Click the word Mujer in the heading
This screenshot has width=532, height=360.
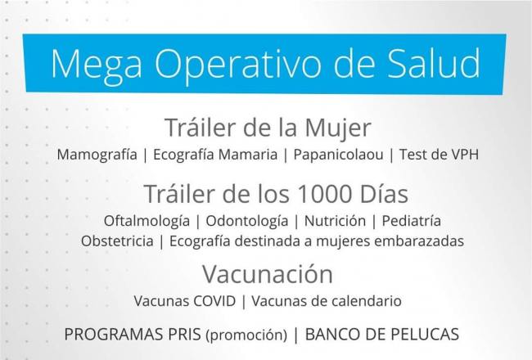[337, 129]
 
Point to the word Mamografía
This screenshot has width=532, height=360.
[97, 155]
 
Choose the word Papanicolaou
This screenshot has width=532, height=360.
[338, 155]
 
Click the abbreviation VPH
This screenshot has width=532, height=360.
[465, 155]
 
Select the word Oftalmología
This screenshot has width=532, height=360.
[147, 221]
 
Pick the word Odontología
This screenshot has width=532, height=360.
[247, 221]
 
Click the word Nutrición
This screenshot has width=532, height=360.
[335, 221]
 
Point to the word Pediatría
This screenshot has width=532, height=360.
[412, 221]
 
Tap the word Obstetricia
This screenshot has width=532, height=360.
[117, 241]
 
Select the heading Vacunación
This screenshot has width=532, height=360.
[268, 274]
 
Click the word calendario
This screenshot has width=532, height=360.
[367, 301]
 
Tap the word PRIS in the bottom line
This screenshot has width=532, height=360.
[185, 334]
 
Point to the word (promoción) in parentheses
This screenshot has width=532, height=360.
[246, 335]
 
